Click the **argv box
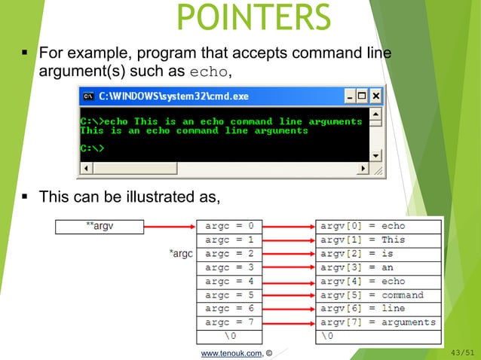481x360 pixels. point(100,226)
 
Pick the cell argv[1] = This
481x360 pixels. point(378,239)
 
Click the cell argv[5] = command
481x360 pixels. point(378,295)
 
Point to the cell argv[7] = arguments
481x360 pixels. point(378,322)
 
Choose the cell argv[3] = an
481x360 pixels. point(378,267)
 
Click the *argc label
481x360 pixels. point(181,254)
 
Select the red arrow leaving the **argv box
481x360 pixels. point(170,226)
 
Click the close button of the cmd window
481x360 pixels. point(375,96)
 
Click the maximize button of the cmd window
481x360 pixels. point(363,96)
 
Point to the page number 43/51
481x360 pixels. point(461,352)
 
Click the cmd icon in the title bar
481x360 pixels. point(88,96)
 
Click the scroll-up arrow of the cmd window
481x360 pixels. point(376,114)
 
